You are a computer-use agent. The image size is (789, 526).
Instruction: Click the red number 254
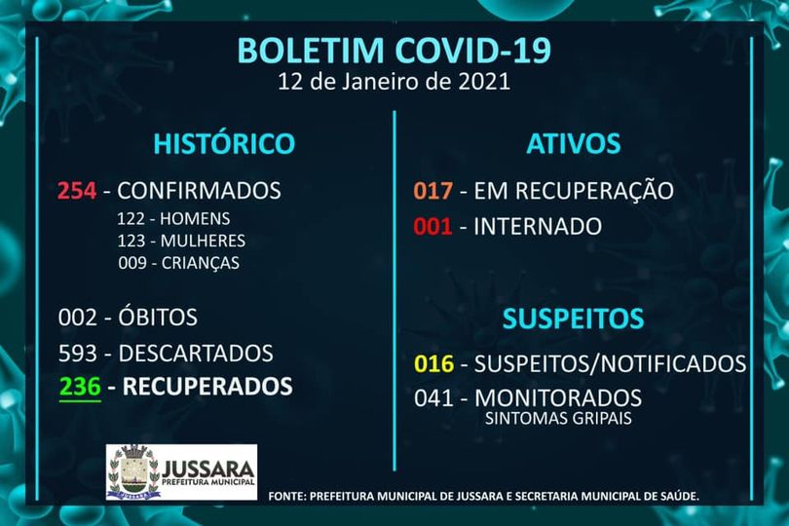pos(77,191)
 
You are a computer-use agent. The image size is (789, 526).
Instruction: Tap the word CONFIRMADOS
pos(199,191)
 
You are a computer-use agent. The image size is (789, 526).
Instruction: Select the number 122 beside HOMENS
pos(131,219)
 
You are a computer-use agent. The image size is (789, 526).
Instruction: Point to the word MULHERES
pos(203,241)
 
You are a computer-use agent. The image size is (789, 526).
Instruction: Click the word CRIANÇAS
pos(201,263)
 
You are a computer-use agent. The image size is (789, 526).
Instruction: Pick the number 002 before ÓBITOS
pos(78,318)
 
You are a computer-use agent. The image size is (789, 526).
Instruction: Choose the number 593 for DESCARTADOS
pos(78,354)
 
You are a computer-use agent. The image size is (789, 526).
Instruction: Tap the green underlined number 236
pos(80,387)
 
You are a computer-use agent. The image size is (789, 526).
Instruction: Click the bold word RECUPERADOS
pos(207,387)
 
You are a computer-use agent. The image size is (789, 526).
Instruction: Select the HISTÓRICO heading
pos(224,143)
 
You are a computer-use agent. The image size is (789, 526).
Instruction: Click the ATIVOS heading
pos(573,143)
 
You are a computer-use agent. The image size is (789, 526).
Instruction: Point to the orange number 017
pos(433,191)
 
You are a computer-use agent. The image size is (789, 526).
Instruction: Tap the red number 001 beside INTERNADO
pos(432,227)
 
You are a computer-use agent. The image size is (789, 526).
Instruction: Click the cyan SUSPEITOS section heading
pos(573,319)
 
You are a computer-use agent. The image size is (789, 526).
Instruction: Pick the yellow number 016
pos(433,364)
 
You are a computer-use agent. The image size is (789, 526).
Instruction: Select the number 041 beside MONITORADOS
pos(433,398)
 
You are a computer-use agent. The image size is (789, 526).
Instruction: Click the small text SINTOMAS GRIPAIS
pos(558,418)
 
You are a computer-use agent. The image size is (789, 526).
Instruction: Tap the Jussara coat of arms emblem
pos(133,471)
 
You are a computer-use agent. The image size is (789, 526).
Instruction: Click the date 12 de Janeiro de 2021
pos(394,82)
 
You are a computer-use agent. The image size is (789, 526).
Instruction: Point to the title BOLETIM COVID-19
pos(394,50)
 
